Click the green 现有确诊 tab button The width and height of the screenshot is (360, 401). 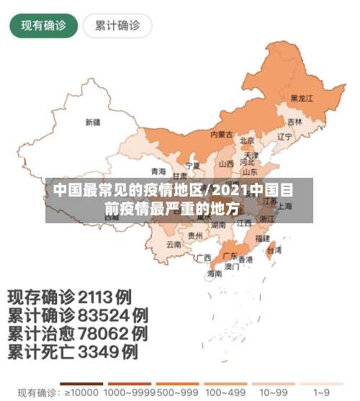(43, 26)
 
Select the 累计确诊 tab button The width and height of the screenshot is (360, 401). (117, 26)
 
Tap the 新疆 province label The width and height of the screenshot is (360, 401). (93, 122)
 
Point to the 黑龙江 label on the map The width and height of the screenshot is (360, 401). (302, 98)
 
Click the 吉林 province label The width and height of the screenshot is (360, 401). (295, 122)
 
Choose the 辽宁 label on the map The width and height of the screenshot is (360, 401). (284, 136)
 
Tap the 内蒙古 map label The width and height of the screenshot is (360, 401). (221, 135)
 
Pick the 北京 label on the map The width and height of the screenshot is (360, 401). (247, 140)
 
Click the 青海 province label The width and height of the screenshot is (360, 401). (158, 171)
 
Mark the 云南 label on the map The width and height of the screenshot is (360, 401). (174, 245)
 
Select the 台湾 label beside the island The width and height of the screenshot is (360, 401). (274, 251)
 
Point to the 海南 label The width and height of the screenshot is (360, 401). (215, 274)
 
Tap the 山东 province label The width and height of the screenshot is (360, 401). (250, 172)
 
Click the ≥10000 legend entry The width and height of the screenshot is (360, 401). (81, 393)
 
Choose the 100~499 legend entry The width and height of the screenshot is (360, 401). (225, 393)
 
